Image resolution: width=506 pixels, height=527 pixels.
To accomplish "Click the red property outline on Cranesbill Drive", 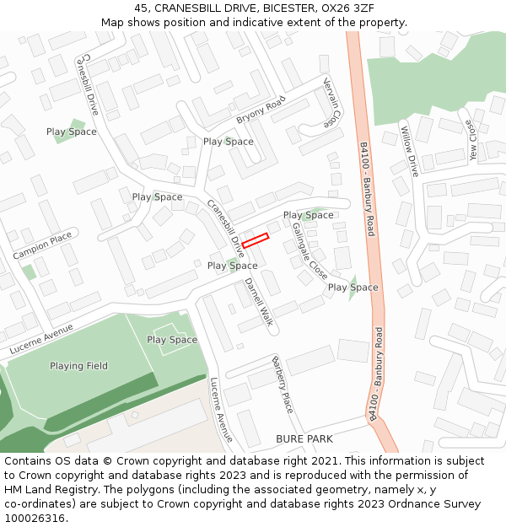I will [x=255, y=239].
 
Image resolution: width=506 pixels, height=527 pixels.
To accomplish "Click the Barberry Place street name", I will [x=282, y=384].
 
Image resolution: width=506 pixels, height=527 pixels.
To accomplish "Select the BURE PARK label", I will [x=304, y=438].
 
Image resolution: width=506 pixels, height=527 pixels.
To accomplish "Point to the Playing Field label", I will [x=78, y=366].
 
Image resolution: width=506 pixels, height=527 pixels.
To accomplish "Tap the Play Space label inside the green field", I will [x=172, y=340].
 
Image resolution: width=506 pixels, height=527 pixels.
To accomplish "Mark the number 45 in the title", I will [x=141, y=8].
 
